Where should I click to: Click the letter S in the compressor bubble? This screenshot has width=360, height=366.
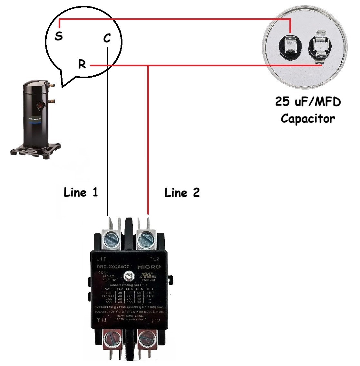tap(58, 36)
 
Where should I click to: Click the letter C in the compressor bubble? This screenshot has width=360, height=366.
tap(107, 38)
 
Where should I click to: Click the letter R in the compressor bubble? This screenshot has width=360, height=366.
tap(82, 64)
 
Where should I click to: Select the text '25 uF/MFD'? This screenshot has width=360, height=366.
tap(308, 102)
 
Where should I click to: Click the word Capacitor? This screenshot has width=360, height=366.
tap(308, 118)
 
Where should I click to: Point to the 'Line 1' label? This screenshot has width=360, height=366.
tap(81, 192)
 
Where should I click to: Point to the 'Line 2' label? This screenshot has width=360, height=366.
tap(182, 193)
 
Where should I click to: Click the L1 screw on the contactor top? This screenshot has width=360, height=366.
tap(112, 239)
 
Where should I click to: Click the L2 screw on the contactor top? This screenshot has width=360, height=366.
tap(147, 239)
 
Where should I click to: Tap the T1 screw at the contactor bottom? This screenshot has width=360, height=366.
tap(112, 339)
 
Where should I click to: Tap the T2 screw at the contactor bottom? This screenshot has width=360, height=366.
tap(146, 339)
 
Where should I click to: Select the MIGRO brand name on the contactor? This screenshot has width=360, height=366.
tap(149, 267)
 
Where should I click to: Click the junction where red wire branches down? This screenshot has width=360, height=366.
tap(148, 66)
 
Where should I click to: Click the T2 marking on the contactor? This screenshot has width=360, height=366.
tap(155, 321)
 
